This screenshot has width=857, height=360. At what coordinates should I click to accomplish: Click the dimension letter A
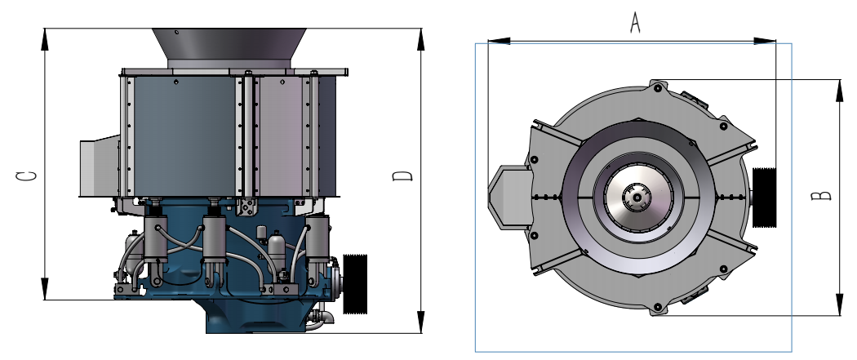[634, 22]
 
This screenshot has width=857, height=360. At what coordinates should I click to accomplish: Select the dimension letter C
[26, 176]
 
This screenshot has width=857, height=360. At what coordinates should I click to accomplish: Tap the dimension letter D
[402, 176]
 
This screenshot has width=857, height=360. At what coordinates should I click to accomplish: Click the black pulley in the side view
[355, 284]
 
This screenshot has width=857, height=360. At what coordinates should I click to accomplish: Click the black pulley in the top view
[764, 198]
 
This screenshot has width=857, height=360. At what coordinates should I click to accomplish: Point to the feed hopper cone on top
[229, 48]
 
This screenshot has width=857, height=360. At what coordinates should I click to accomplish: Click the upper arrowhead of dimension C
[45, 39]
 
